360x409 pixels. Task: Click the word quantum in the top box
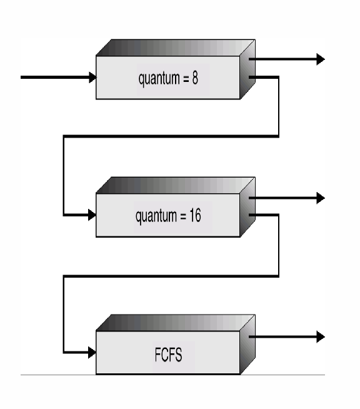tap(159, 79)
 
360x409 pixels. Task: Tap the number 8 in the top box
tap(195, 78)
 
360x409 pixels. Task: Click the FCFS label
tap(168, 355)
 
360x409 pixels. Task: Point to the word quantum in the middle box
tap(156, 216)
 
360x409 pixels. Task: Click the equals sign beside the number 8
tap(186, 79)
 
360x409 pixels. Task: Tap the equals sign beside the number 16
tap(184, 216)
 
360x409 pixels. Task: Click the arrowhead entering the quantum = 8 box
tap(92, 78)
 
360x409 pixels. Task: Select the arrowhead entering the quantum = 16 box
tap(92, 215)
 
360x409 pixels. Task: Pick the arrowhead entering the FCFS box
tap(92, 353)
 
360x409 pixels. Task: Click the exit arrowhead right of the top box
tap(321, 59)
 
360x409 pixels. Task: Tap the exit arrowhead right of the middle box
tap(321, 198)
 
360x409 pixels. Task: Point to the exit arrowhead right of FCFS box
tap(321, 336)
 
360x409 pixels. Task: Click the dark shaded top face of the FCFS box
tap(176, 323)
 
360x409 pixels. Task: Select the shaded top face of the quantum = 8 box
tap(176, 48)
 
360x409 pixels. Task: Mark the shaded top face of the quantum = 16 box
tap(176, 186)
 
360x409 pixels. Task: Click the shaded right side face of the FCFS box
tap(247, 345)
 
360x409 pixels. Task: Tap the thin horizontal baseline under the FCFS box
tap(172, 375)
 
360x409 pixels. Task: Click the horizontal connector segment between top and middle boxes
tap(171, 136)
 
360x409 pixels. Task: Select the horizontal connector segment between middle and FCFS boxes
tap(171, 276)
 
